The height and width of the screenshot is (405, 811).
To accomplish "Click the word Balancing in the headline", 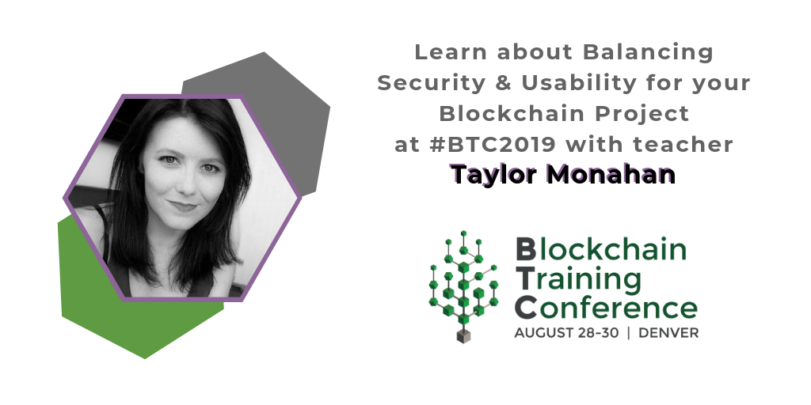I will click(x=648, y=53).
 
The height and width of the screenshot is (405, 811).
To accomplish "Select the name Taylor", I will click(x=489, y=174).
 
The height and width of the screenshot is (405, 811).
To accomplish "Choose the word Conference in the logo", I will click(x=606, y=306).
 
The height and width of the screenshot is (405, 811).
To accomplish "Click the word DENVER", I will click(x=668, y=333).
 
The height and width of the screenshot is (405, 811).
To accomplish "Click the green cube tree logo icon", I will click(x=463, y=277).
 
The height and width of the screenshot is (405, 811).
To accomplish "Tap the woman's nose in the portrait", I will click(x=183, y=184).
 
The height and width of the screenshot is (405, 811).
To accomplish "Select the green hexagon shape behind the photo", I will click(x=119, y=316).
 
